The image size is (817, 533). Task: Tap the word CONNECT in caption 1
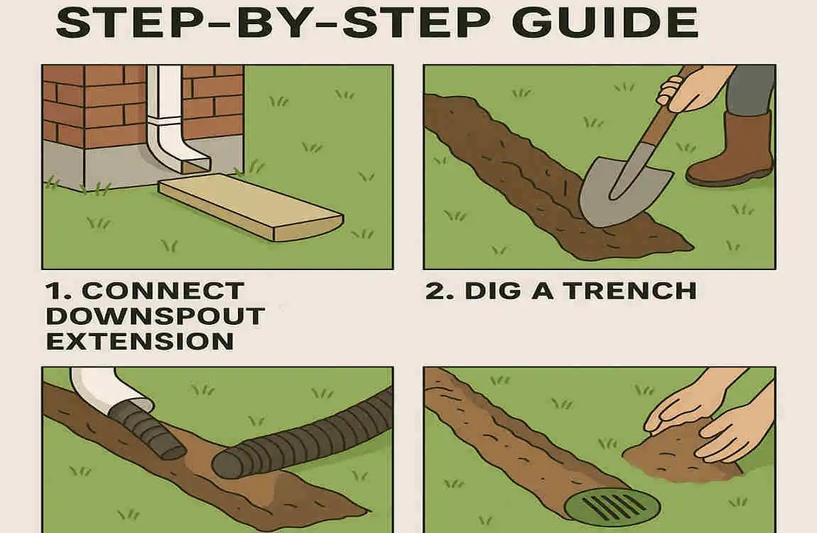tap(163, 291)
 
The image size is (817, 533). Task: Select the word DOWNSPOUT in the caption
tap(155, 316)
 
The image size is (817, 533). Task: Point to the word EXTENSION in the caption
tap(140, 341)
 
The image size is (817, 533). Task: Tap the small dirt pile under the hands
tap(675, 455)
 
